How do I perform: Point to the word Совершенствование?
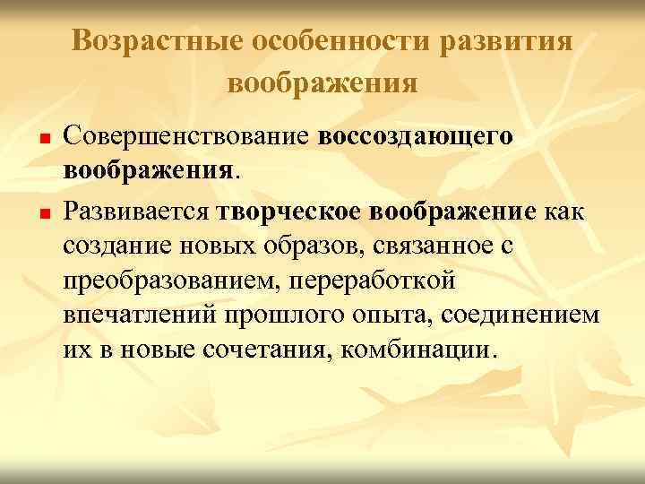pos(188,139)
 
